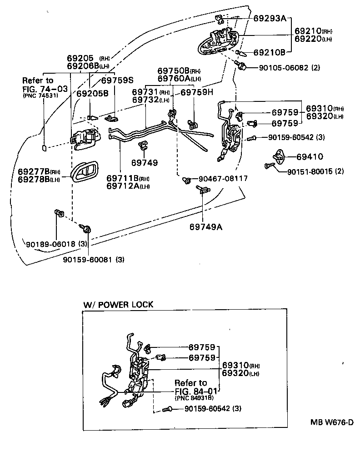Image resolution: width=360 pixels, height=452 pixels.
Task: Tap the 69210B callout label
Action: click(269, 53)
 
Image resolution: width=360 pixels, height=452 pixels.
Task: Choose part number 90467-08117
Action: click(222, 179)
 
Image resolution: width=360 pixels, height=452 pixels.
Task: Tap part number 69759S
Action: click(117, 80)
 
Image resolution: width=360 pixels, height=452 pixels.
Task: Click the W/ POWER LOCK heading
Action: click(118, 305)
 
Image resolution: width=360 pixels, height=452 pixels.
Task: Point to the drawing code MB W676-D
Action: click(332, 422)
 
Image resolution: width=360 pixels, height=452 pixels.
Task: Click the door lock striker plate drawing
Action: click(277, 156)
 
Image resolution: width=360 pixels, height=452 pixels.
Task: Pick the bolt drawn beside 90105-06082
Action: click(242, 67)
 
